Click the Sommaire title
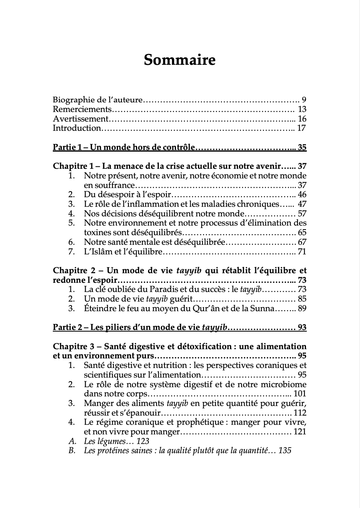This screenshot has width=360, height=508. pyautogui.click(x=180, y=60)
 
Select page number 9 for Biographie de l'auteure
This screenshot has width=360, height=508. pyautogui.click(x=304, y=100)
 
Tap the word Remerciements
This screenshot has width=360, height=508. pyautogui.click(x=82, y=109)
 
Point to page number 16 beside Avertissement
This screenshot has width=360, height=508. pyautogui.click(x=302, y=119)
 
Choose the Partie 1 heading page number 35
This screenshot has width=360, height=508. pyautogui.click(x=302, y=148)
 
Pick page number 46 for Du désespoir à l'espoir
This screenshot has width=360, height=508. pyautogui.click(x=302, y=195)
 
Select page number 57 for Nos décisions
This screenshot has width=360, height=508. pyautogui.click(x=302, y=214)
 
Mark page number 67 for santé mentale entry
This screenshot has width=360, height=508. pyautogui.click(x=302, y=242)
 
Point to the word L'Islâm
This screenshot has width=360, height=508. pyautogui.click(x=96, y=252)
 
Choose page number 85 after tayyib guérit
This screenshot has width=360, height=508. pyautogui.click(x=302, y=299)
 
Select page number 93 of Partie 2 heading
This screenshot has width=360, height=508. pyautogui.click(x=302, y=328)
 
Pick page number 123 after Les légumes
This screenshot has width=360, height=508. pyautogui.click(x=142, y=441)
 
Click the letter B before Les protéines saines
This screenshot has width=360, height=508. pyautogui.click(x=72, y=451)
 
